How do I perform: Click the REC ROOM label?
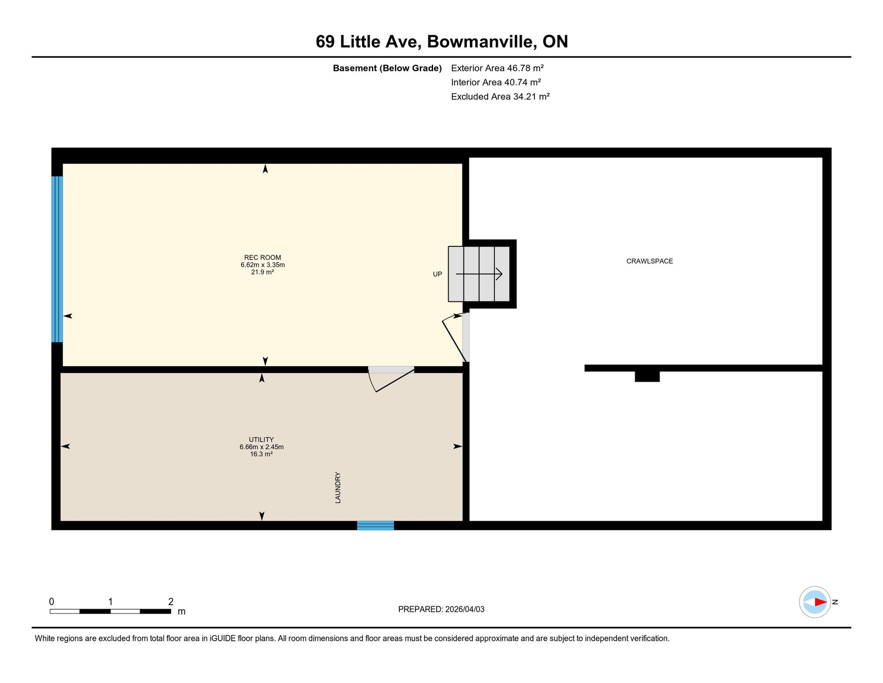(x=263, y=257)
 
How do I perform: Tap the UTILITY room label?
(x=261, y=440)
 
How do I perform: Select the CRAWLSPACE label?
(x=649, y=261)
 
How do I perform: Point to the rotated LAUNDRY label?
(x=338, y=488)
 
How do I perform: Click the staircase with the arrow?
(x=479, y=274)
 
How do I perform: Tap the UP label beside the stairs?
(x=438, y=274)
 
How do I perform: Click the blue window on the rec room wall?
(x=57, y=259)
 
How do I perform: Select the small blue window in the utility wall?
(x=375, y=526)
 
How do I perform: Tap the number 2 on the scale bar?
(x=171, y=602)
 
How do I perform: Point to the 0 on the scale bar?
(x=52, y=602)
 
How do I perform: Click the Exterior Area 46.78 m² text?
(x=497, y=68)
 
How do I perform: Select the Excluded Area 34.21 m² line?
(x=501, y=96)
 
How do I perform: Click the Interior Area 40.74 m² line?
(x=496, y=82)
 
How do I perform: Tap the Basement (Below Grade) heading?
(x=387, y=68)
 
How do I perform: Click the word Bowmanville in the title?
(x=482, y=41)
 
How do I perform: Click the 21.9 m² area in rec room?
(x=263, y=272)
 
